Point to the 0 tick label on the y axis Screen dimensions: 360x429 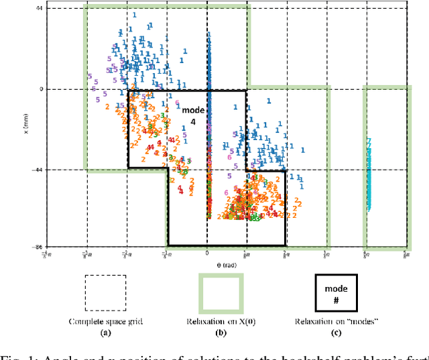tap(40, 89)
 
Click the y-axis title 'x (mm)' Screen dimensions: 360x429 tap(26, 127)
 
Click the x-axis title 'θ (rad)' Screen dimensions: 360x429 tap(206, 264)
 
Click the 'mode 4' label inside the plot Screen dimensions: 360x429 tap(190, 114)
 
